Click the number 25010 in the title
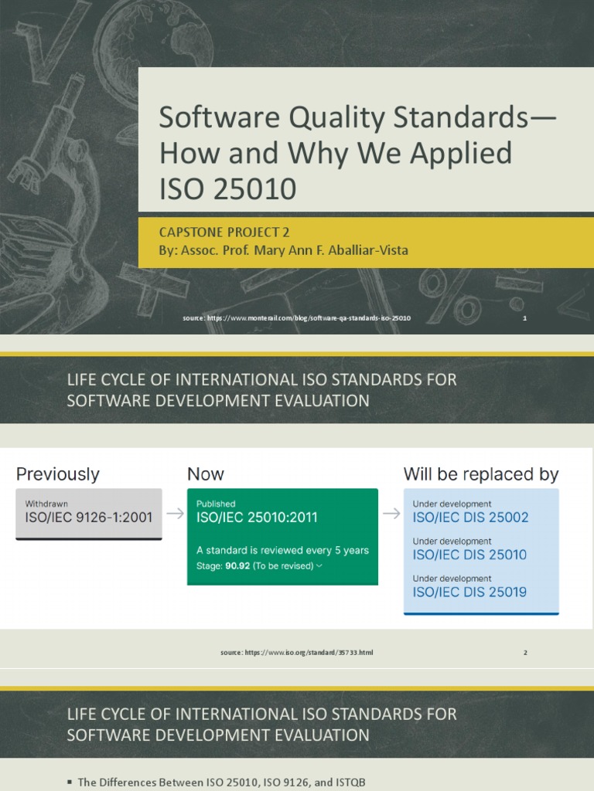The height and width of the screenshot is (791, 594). tap(261, 189)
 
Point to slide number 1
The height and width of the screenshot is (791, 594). tap(524, 318)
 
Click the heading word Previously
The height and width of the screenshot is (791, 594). tap(58, 474)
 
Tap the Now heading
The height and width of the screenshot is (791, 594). tap(206, 474)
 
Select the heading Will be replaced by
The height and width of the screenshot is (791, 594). tap(480, 474)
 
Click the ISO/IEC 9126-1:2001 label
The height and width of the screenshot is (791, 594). tap(89, 518)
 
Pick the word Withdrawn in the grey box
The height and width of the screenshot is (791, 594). tap(46, 503)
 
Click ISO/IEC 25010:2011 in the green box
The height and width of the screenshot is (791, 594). tap(257, 518)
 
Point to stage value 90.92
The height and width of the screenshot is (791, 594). tap(237, 565)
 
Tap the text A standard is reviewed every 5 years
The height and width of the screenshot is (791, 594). tap(282, 550)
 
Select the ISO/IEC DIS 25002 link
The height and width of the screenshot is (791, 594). tap(470, 518)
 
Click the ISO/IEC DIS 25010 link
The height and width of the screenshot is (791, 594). tap(469, 555)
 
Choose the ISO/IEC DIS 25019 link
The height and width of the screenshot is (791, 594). tap(469, 592)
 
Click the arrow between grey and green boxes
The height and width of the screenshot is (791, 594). tap(175, 514)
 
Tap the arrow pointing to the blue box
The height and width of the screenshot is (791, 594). tap(391, 514)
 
